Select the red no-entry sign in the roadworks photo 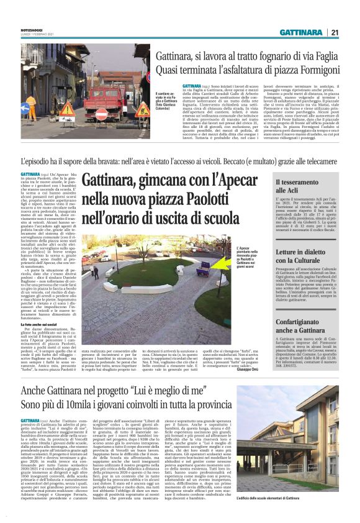coord(101,115)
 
